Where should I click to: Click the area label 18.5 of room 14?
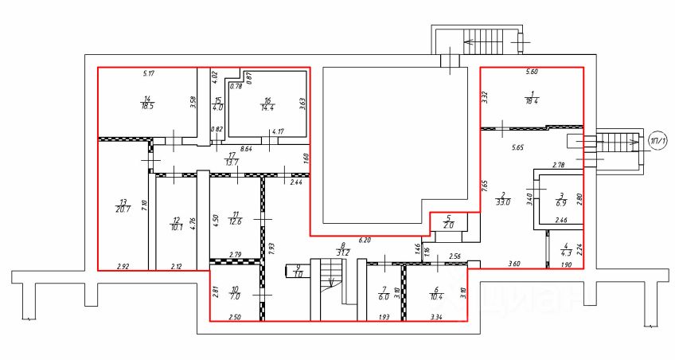(x=146, y=100)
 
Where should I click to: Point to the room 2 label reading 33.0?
(x=503, y=198)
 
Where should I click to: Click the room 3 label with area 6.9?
(x=560, y=197)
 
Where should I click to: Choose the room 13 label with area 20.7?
(x=122, y=205)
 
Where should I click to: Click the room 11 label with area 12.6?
(x=235, y=217)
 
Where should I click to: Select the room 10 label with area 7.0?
(x=234, y=292)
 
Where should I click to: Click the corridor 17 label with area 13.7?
(x=232, y=158)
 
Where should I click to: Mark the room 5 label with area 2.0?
(x=448, y=221)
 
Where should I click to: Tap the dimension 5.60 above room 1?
(x=532, y=73)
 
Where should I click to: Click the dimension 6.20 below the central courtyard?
(x=365, y=240)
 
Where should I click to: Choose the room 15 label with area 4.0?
(x=218, y=103)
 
